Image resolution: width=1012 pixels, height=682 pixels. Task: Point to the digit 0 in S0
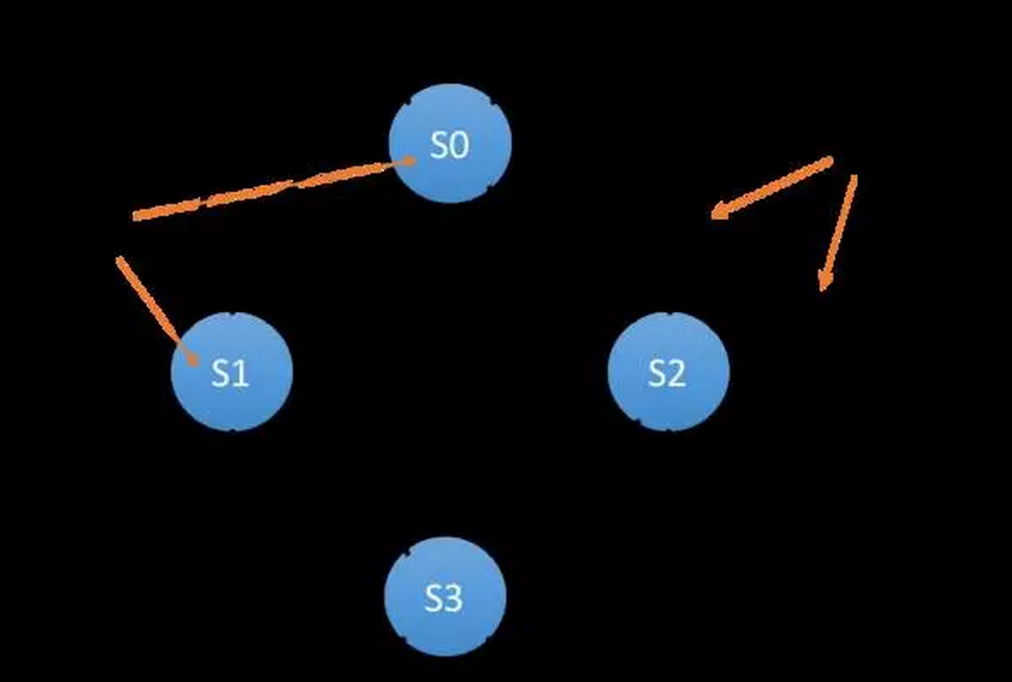coord(460,144)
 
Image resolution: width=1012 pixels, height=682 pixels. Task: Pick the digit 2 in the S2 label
coord(677,373)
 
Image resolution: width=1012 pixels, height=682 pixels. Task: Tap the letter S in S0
coord(439,144)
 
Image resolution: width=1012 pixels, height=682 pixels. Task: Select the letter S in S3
coord(433,598)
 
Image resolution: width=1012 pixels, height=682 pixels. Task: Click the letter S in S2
coord(657,373)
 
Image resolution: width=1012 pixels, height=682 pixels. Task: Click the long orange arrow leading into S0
coord(271,188)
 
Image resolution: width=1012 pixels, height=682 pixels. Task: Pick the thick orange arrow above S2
coord(773,186)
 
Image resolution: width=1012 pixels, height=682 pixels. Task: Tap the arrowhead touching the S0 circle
coord(407,161)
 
